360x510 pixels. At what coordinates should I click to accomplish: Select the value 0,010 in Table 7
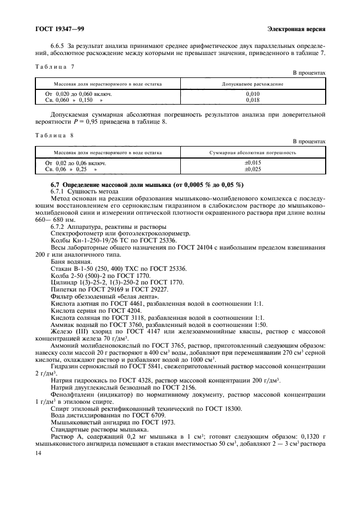(252, 94)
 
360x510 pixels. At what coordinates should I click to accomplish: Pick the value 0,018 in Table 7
(252, 100)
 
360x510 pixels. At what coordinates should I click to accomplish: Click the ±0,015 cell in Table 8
(252, 162)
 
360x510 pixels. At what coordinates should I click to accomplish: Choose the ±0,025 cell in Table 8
(252, 169)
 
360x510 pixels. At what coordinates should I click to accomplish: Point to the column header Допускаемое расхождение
(252, 84)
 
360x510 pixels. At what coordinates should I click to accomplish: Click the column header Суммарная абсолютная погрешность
(252, 153)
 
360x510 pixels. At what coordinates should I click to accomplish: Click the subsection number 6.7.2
(59, 226)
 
